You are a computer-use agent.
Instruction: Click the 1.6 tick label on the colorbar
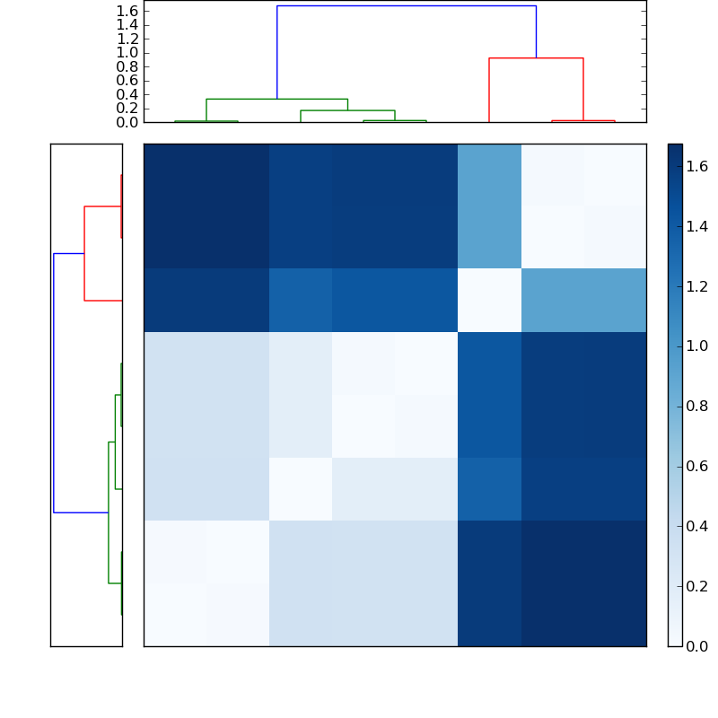pos(697,166)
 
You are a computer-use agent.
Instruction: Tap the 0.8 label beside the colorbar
pos(697,406)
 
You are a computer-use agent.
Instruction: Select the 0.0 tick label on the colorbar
pos(697,645)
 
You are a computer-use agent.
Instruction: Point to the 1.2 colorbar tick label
pos(697,286)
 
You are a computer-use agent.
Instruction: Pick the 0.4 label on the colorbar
pos(697,526)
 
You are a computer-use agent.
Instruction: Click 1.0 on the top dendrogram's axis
pos(127,52)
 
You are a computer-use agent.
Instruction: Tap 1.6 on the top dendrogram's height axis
pos(127,11)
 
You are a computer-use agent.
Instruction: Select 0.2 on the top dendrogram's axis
pos(127,108)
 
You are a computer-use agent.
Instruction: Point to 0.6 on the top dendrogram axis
pos(127,80)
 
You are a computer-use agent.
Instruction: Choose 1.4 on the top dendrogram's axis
pos(127,24)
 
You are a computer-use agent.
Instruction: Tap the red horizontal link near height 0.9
pos(536,58)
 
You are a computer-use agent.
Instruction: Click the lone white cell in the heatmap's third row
pos(489,300)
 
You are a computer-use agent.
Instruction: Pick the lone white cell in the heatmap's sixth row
pos(301,488)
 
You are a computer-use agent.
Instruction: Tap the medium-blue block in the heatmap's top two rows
pos(489,206)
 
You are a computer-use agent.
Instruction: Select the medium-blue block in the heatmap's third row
pos(583,300)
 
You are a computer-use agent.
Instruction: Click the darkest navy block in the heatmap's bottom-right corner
pos(583,582)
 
